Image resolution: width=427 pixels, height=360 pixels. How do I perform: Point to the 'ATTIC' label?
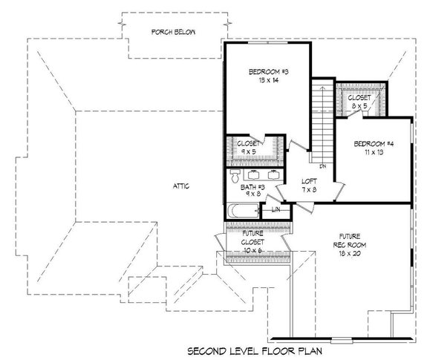(180, 186)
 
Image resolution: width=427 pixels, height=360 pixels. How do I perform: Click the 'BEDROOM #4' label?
(369, 143)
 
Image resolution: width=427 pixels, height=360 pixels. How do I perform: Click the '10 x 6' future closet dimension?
(253, 251)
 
